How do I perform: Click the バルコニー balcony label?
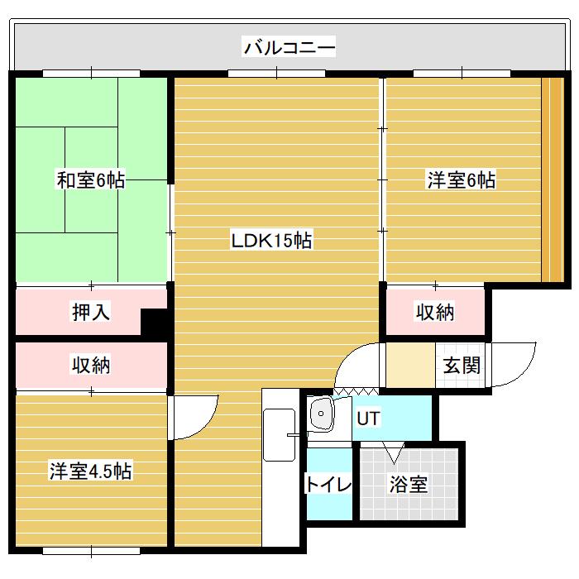point(289,47)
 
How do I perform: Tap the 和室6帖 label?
point(91,179)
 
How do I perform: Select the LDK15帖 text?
point(270,242)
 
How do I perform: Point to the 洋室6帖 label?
point(462,179)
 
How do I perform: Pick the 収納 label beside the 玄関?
point(434,312)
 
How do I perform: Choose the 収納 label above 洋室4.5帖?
point(91,365)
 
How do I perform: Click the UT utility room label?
point(368,418)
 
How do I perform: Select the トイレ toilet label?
point(328,484)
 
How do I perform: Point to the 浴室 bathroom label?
point(408,484)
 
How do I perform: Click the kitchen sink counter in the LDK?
point(279,436)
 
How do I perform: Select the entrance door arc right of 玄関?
point(512,364)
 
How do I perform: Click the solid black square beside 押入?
point(154,322)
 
